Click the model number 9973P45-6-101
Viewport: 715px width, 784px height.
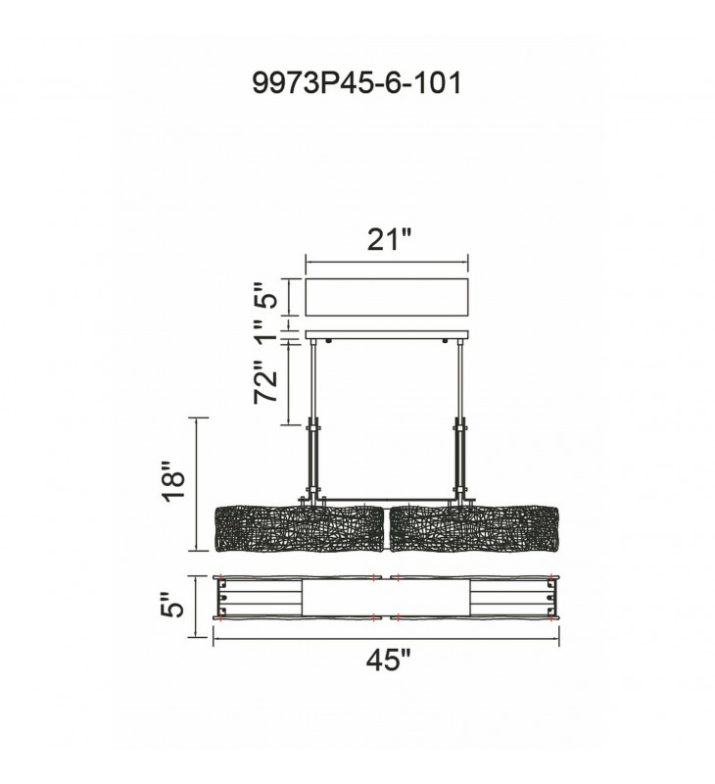pos(357,83)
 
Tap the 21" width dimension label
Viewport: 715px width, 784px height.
pos(389,239)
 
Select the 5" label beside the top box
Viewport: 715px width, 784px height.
pos(264,297)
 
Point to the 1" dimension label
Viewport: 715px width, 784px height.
pos(264,331)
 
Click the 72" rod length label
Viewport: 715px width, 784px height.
pos(264,381)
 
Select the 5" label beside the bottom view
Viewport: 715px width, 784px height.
pos(173,605)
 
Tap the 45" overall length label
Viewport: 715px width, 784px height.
pos(388,661)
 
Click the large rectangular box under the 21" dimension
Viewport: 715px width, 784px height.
pos(387,298)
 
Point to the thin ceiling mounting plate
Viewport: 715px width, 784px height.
pos(387,334)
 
